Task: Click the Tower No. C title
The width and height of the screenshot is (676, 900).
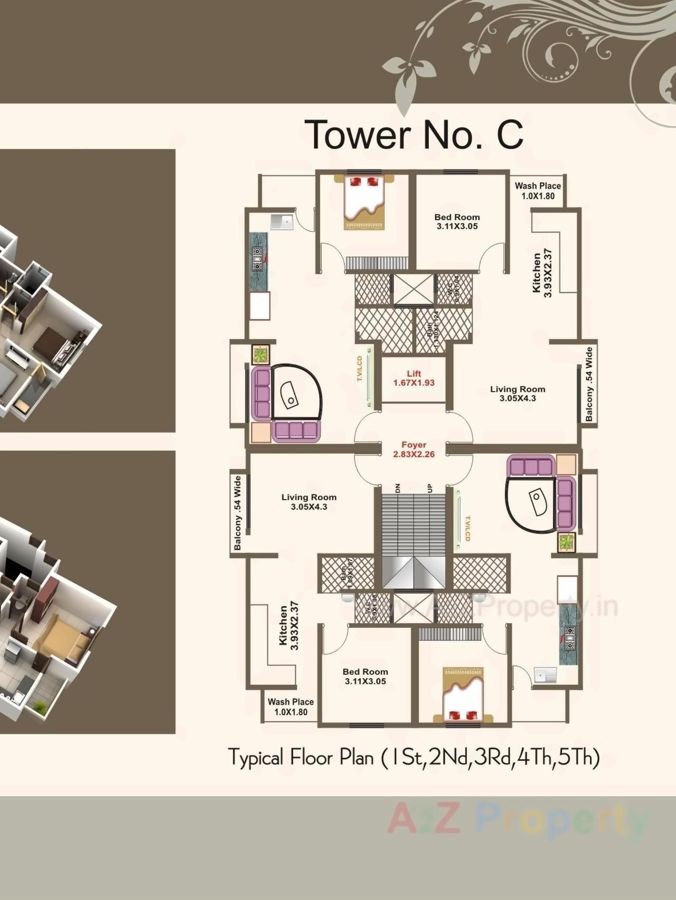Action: click(414, 135)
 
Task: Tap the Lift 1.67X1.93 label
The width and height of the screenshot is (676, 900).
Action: click(414, 379)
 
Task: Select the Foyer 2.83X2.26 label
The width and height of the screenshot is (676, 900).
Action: click(414, 449)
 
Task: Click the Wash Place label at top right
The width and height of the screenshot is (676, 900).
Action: click(538, 190)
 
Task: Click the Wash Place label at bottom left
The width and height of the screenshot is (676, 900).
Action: click(290, 707)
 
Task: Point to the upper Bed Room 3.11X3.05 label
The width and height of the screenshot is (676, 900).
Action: click(457, 222)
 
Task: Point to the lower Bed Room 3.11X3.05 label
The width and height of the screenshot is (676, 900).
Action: click(365, 676)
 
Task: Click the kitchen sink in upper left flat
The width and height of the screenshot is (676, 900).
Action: click(282, 222)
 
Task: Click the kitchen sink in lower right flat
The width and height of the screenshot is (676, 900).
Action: click(545, 675)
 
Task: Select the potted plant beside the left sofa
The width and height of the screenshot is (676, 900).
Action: click(260, 355)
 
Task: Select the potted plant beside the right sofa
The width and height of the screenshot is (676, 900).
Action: click(566, 542)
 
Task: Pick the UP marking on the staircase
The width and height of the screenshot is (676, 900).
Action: click(429, 487)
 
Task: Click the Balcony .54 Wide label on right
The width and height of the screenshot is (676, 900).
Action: click(589, 384)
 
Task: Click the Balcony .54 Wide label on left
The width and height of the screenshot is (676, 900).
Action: click(238, 513)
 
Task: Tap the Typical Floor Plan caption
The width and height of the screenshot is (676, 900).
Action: click(414, 758)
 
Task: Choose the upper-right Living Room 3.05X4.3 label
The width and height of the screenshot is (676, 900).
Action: click(517, 394)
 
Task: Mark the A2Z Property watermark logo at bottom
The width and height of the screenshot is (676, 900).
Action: click(518, 819)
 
